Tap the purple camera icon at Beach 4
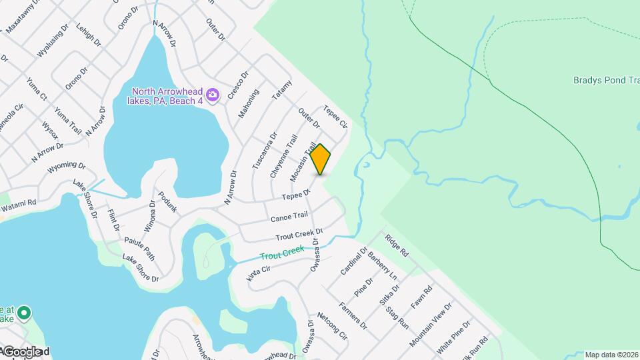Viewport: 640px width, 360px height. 213,96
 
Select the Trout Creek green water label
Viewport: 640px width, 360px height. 282,253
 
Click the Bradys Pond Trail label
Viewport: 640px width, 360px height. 606,80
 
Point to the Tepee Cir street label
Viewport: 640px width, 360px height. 335,117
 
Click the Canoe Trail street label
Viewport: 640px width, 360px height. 289,217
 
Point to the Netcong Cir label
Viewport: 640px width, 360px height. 333,326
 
